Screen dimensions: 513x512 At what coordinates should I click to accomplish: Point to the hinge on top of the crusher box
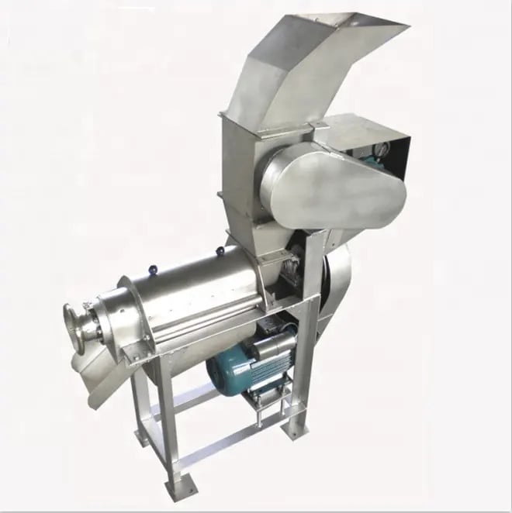coord(317,125)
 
